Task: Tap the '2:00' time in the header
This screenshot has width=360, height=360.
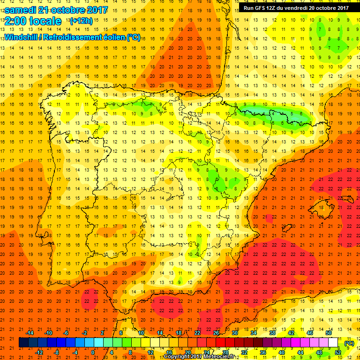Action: coord(17,21)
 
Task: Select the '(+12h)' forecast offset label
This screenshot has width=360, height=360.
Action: coord(81,21)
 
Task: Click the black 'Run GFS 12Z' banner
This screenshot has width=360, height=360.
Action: coord(296,7)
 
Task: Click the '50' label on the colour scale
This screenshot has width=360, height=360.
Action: coord(329,332)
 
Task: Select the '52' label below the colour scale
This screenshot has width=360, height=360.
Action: coord(337,352)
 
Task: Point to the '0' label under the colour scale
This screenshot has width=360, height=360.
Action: coord(93,352)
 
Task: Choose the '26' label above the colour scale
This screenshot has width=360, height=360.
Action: coord(216,332)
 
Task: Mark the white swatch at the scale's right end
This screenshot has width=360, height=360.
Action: coord(333,343)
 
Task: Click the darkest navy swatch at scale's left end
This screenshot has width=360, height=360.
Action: coord(23,343)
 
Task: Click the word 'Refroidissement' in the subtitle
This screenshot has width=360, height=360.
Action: coord(70,37)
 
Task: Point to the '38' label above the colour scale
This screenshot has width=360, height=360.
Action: coord(272,332)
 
